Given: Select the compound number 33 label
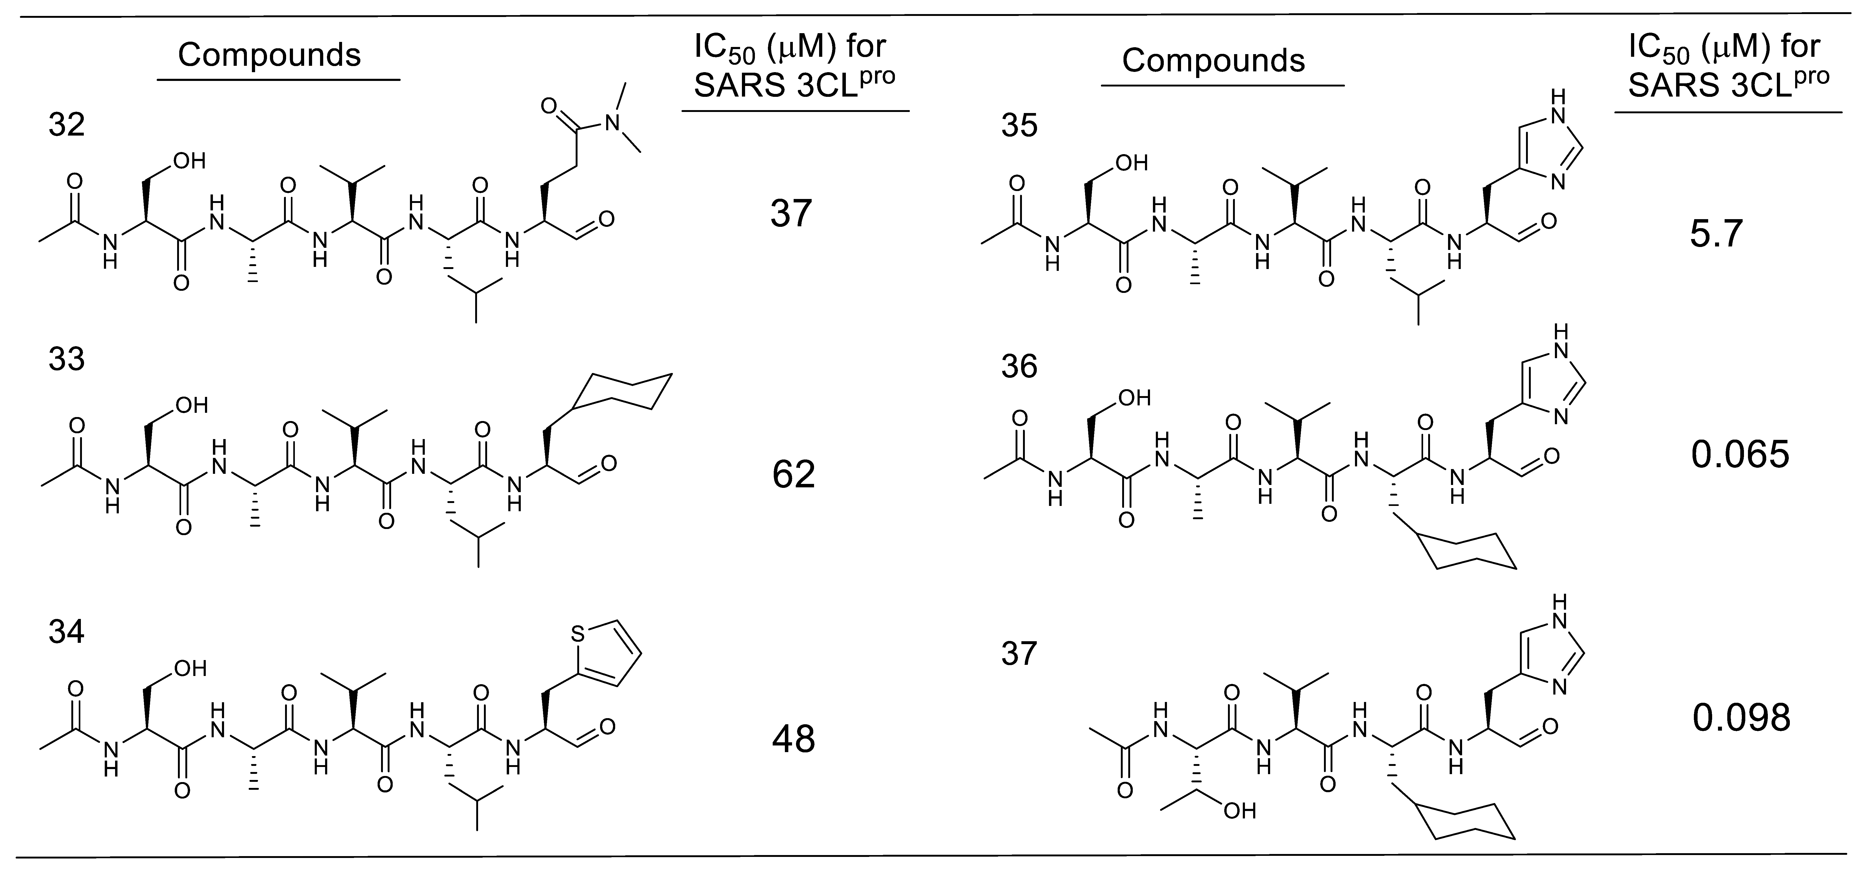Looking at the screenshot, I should (67, 359).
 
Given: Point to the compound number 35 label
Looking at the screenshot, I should (1019, 125).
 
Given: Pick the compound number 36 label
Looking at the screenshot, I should (1019, 367).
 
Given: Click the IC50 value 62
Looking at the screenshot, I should (794, 475).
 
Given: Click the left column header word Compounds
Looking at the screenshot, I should (270, 55).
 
